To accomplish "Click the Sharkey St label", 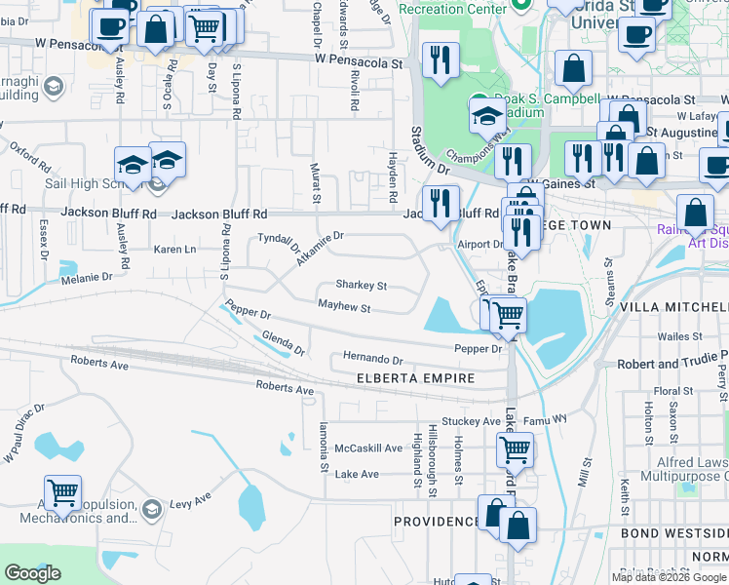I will click(x=362, y=286).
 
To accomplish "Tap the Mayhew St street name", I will click(x=344, y=308).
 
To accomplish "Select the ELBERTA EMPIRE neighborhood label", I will click(x=415, y=378).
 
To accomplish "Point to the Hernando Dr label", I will click(x=372, y=359).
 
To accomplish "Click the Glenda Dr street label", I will click(x=284, y=343).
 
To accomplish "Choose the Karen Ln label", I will click(x=175, y=250).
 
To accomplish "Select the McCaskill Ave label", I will click(x=368, y=448).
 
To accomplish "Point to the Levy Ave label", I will click(x=191, y=499).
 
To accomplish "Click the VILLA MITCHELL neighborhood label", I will click(x=680, y=306).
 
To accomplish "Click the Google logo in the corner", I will click(x=32, y=572).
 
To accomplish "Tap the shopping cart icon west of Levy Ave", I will click(x=62, y=492).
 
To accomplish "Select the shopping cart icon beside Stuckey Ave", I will click(x=515, y=449).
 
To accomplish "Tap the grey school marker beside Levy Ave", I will click(x=151, y=508).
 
